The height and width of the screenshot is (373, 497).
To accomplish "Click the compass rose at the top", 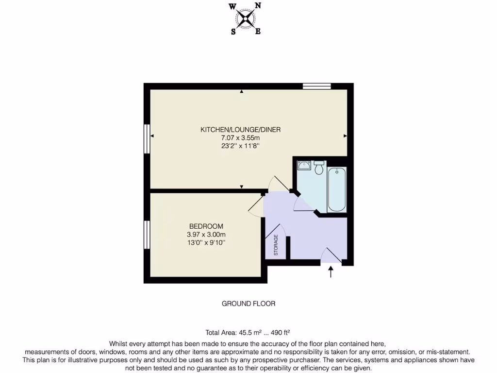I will tap(246, 18).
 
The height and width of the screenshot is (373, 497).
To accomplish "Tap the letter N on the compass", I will tap(258, 6).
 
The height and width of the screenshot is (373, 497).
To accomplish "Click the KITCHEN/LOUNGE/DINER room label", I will tap(241, 130).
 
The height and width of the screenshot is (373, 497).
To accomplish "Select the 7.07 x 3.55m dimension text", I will tap(241, 138).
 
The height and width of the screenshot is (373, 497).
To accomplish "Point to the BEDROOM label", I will tap(206, 226).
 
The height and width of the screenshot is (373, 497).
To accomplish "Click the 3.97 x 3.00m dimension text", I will tap(206, 235).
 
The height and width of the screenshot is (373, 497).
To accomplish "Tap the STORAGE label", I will tap(276, 245).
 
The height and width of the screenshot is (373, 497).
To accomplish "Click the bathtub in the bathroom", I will tap(336, 189).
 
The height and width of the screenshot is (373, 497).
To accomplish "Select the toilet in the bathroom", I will tap(319, 168).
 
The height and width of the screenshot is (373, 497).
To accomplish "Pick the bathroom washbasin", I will tap(305, 165).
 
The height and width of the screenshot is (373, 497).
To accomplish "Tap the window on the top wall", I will tap(317, 86).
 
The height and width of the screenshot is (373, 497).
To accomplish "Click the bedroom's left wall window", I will tap(147, 235).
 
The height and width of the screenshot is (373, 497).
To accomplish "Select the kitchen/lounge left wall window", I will tap(147, 139).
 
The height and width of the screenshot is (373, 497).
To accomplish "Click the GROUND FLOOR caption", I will tap(248, 304).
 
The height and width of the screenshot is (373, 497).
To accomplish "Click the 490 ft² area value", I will tap(280, 333).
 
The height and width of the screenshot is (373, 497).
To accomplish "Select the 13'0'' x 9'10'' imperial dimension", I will tap(206, 242).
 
